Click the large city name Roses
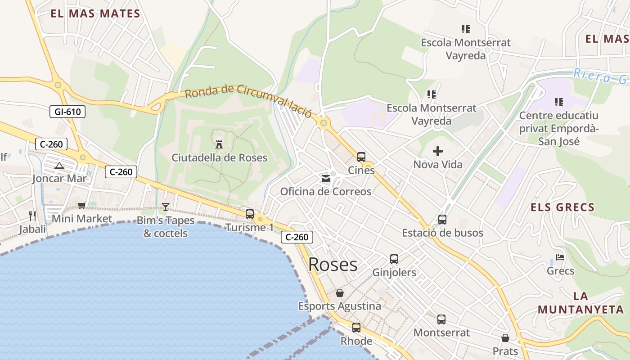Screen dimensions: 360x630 point(333,265)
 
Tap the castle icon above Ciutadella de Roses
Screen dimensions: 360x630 point(219,144)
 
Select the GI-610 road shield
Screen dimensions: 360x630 point(67,112)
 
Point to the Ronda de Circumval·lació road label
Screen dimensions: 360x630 point(248,100)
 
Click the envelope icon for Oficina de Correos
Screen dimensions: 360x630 point(326,179)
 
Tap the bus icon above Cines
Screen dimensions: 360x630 point(361,157)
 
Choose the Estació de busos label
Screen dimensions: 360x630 point(442,233)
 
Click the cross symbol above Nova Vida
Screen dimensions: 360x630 point(438,151)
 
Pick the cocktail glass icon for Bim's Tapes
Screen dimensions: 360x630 point(166,207)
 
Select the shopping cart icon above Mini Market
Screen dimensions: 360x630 point(81,206)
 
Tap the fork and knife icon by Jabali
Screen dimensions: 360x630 point(32,216)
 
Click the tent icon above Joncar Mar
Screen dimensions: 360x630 point(59,166)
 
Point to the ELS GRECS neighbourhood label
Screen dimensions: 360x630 point(562,207)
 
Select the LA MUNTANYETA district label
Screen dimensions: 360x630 point(581,303)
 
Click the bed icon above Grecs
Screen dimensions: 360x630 point(560,258)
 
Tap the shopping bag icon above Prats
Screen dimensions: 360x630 point(505,337)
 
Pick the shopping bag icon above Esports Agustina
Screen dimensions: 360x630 point(340,293)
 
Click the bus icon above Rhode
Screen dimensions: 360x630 point(356,327)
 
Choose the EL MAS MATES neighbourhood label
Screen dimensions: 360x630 point(95,13)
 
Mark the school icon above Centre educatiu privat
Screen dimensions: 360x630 point(559,102)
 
